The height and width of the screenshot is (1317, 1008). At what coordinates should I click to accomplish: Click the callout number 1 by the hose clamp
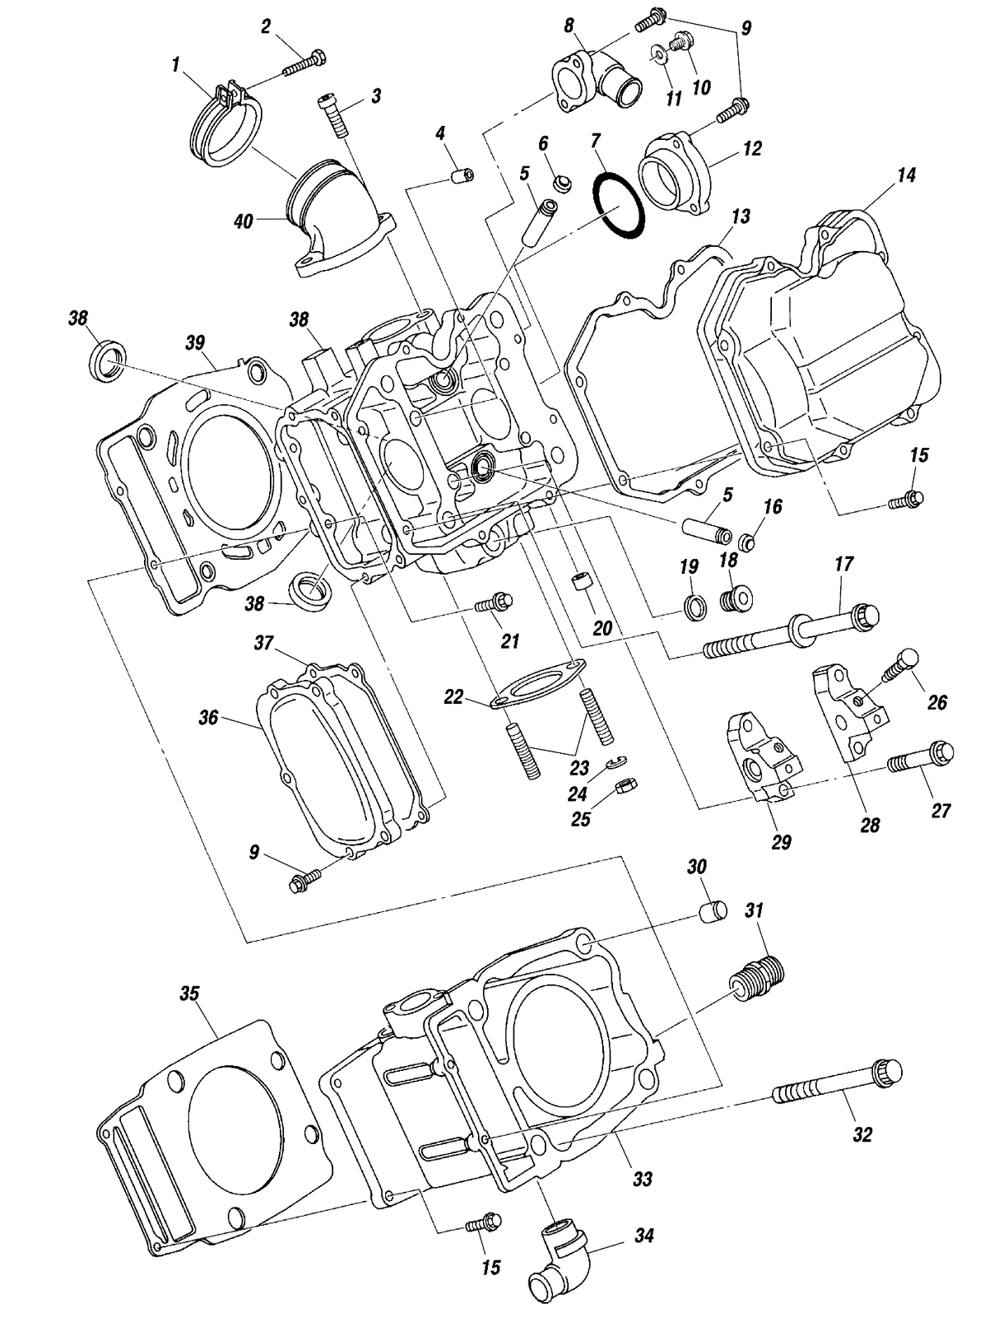(x=175, y=65)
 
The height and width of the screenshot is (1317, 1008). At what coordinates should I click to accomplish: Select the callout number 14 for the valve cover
(x=906, y=175)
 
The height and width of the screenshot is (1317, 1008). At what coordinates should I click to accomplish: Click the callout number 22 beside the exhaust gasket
(x=453, y=697)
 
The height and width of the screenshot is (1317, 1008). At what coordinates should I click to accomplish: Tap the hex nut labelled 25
(x=625, y=787)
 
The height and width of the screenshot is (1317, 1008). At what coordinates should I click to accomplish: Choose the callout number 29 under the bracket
(x=781, y=842)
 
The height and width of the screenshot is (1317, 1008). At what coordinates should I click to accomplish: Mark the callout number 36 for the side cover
(x=208, y=719)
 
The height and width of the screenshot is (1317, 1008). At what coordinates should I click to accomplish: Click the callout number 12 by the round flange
(x=752, y=148)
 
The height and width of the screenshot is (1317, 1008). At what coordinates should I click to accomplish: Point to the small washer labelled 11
(x=657, y=56)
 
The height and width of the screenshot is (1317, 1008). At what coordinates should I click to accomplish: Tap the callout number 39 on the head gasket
(x=195, y=342)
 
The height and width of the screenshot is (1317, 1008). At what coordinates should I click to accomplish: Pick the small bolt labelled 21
(x=494, y=603)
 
